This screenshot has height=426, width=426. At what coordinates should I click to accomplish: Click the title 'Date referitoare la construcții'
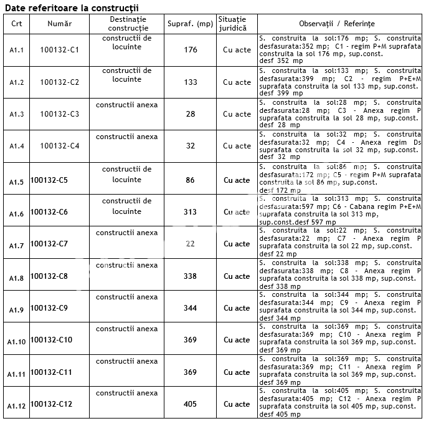[72, 7]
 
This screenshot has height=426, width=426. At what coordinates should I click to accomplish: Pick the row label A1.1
[17, 51]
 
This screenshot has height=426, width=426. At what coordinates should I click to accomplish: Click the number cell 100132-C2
[59, 82]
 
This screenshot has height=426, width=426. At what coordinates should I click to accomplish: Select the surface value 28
[191, 114]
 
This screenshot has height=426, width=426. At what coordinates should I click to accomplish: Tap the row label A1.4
[17, 147]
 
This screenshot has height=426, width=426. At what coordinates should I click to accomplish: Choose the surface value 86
[190, 180]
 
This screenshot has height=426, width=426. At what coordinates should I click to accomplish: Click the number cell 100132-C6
[49, 212]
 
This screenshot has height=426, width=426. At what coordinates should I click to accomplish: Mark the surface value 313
[190, 212]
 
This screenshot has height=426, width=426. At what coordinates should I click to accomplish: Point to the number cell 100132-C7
[49, 244]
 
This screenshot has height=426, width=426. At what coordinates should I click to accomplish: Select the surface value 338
[190, 276]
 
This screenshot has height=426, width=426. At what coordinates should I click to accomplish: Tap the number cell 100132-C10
[51, 340]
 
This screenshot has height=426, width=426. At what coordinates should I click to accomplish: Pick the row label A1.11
[17, 374]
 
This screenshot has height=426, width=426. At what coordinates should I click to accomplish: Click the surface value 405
[190, 404]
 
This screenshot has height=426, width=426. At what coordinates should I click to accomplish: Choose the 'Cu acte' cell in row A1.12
[237, 404]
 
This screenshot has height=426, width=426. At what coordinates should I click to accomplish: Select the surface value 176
[191, 50]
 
